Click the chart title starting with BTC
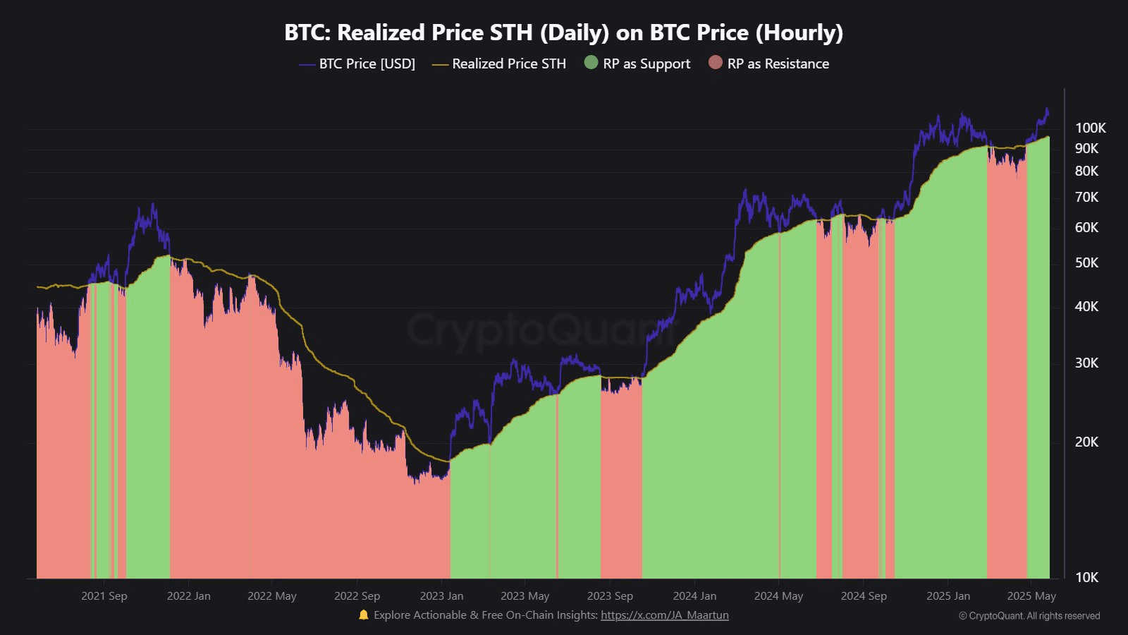[x=563, y=32]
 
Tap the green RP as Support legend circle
[x=591, y=63]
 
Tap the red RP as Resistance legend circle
[x=716, y=63]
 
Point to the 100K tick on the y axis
[x=1090, y=128]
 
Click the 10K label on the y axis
[x=1086, y=577]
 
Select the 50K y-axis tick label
[x=1086, y=262]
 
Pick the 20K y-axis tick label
[x=1086, y=442]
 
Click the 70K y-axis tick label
[x=1086, y=197]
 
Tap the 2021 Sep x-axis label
[x=104, y=596]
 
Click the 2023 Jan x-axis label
[x=441, y=596]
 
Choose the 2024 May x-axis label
[x=778, y=596]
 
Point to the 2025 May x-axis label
[x=1031, y=596]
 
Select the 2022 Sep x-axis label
[x=357, y=596]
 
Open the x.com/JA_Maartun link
[x=664, y=615]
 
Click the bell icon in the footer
[x=364, y=615]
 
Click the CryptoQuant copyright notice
[x=1029, y=616]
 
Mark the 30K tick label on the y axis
[x=1086, y=363]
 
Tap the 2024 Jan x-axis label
[x=694, y=596]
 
